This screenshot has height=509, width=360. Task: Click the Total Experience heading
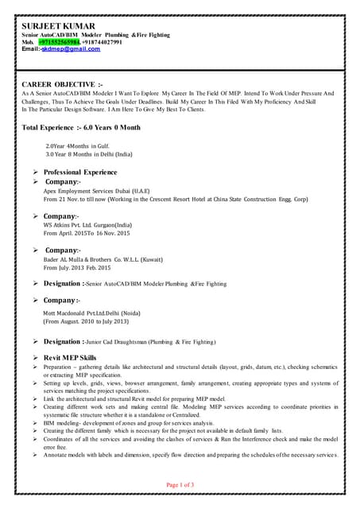point(81,127)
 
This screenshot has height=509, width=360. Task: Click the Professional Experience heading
point(80,172)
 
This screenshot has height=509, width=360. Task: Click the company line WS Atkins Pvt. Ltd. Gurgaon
point(99,225)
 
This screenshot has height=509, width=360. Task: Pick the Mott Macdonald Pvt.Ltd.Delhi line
point(98,314)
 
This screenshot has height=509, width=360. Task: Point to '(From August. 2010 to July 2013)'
point(91,322)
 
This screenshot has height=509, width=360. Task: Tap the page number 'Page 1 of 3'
point(180,484)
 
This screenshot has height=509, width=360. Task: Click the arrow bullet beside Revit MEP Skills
point(34,358)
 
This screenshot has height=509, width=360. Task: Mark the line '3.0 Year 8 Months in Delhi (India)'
point(89,153)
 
